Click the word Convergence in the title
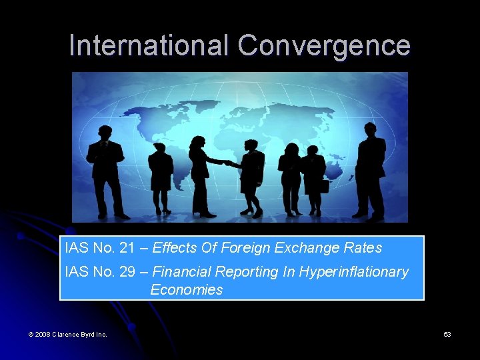324,46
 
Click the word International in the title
149,46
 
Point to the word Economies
187,290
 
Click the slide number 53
447,334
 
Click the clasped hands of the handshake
226,162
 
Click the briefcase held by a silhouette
323,185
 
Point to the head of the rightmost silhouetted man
369,129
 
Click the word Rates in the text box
364,249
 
